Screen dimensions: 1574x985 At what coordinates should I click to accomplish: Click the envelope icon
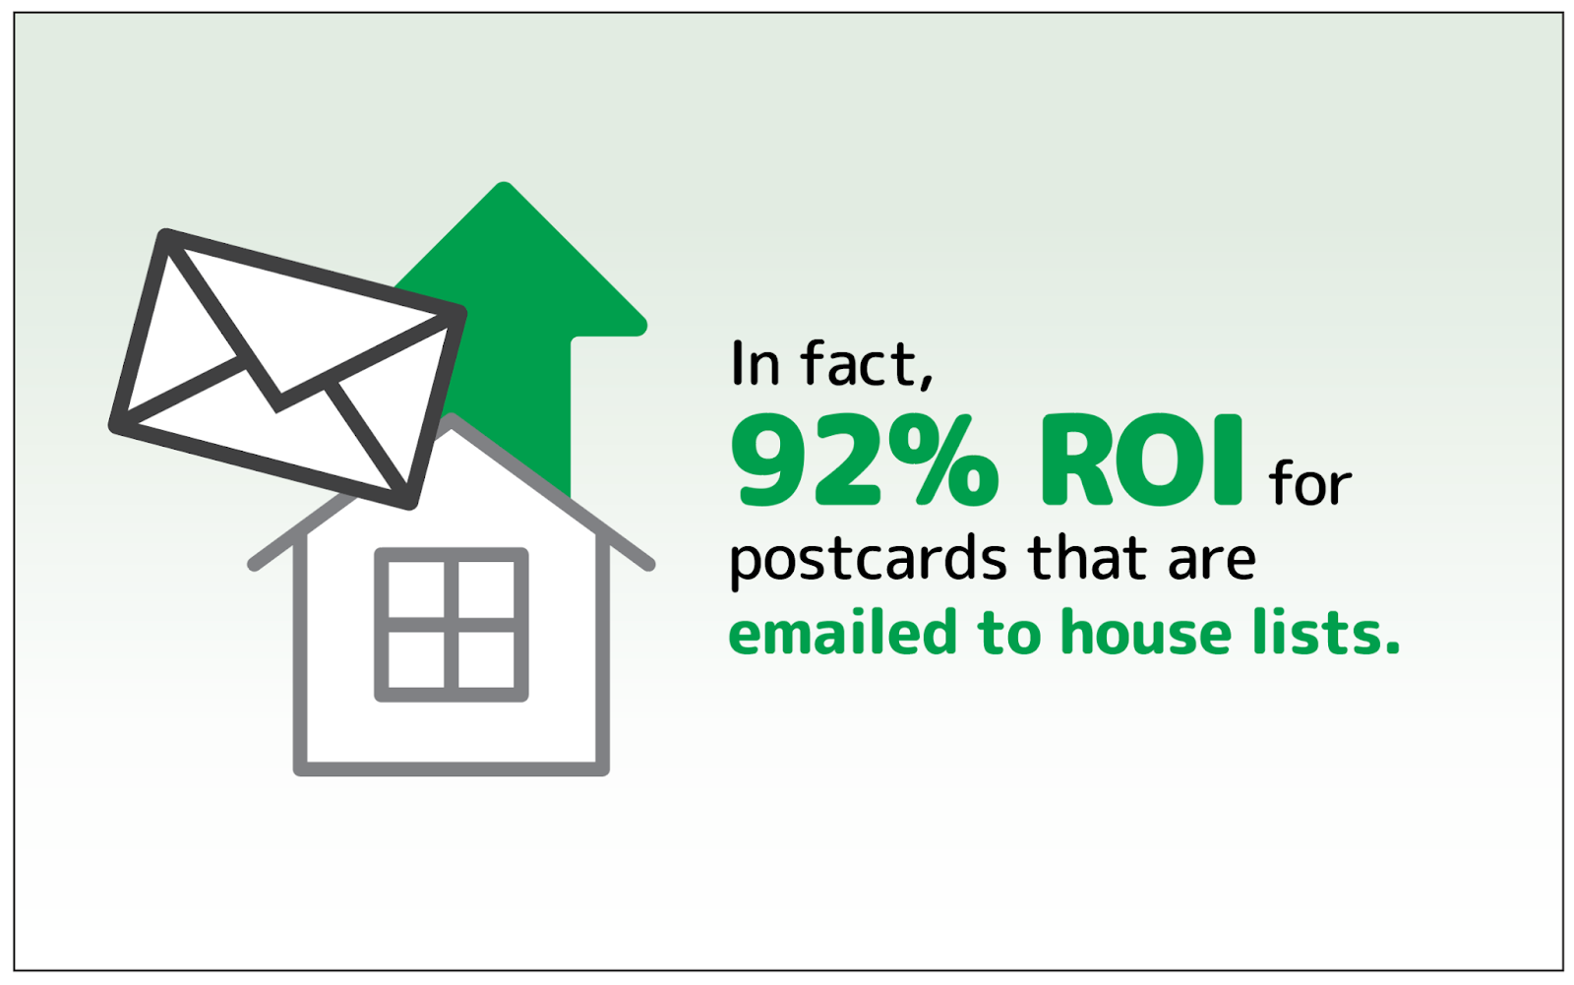[x=288, y=368]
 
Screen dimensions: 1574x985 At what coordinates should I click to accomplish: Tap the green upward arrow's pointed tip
[x=504, y=183]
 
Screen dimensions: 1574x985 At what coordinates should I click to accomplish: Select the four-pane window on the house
[x=452, y=624]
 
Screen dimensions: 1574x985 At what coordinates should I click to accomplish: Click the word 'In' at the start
[x=756, y=363]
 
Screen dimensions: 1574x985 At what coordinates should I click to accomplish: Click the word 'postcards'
[x=869, y=560]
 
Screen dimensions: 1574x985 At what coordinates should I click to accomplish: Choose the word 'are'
[x=1212, y=563]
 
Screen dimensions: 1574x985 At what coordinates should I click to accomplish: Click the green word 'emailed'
[x=843, y=632]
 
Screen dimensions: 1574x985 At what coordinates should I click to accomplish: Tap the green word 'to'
[x=1009, y=634]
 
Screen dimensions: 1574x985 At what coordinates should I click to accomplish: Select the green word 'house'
[x=1146, y=632]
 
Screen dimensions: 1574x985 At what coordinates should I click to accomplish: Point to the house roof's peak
[x=452, y=419]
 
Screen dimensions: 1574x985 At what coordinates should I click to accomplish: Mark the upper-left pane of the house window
[x=416, y=589]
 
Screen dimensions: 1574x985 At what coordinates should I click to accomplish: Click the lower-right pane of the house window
[x=486, y=659]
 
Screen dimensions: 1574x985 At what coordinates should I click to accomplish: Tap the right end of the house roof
[x=649, y=564]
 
